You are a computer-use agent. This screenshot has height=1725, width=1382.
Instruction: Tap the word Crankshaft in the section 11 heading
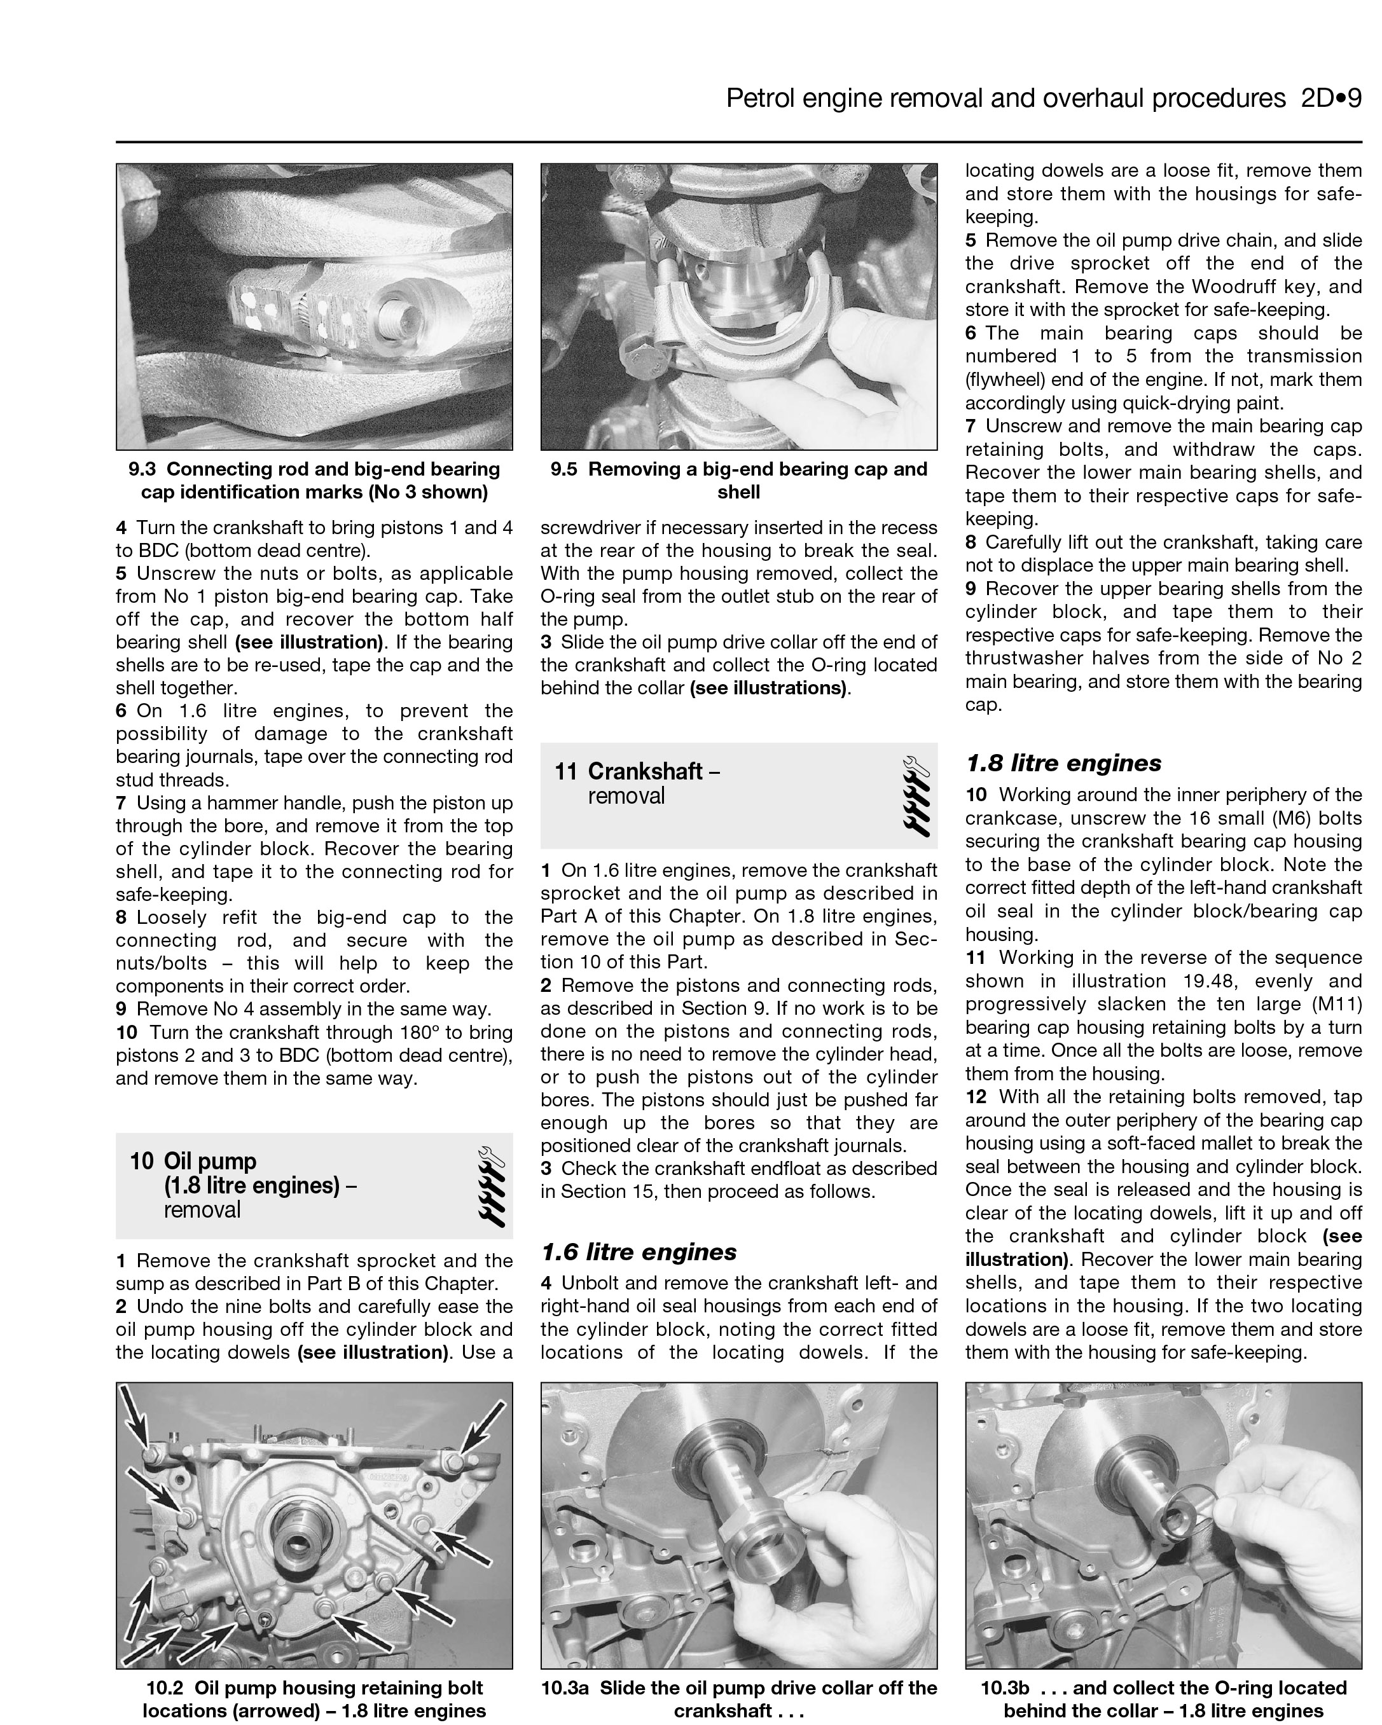pyautogui.click(x=645, y=771)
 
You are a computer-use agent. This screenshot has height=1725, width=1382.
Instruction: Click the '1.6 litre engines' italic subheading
pyautogui.click(x=639, y=1252)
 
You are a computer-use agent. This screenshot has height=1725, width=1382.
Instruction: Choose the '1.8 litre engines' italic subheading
pyautogui.click(x=1063, y=763)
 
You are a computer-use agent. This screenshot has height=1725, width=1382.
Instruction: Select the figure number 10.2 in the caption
pyautogui.click(x=165, y=1688)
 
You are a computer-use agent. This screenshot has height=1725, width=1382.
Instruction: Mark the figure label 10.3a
pyautogui.click(x=565, y=1688)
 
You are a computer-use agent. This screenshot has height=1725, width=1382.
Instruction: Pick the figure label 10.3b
pyautogui.click(x=1004, y=1688)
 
